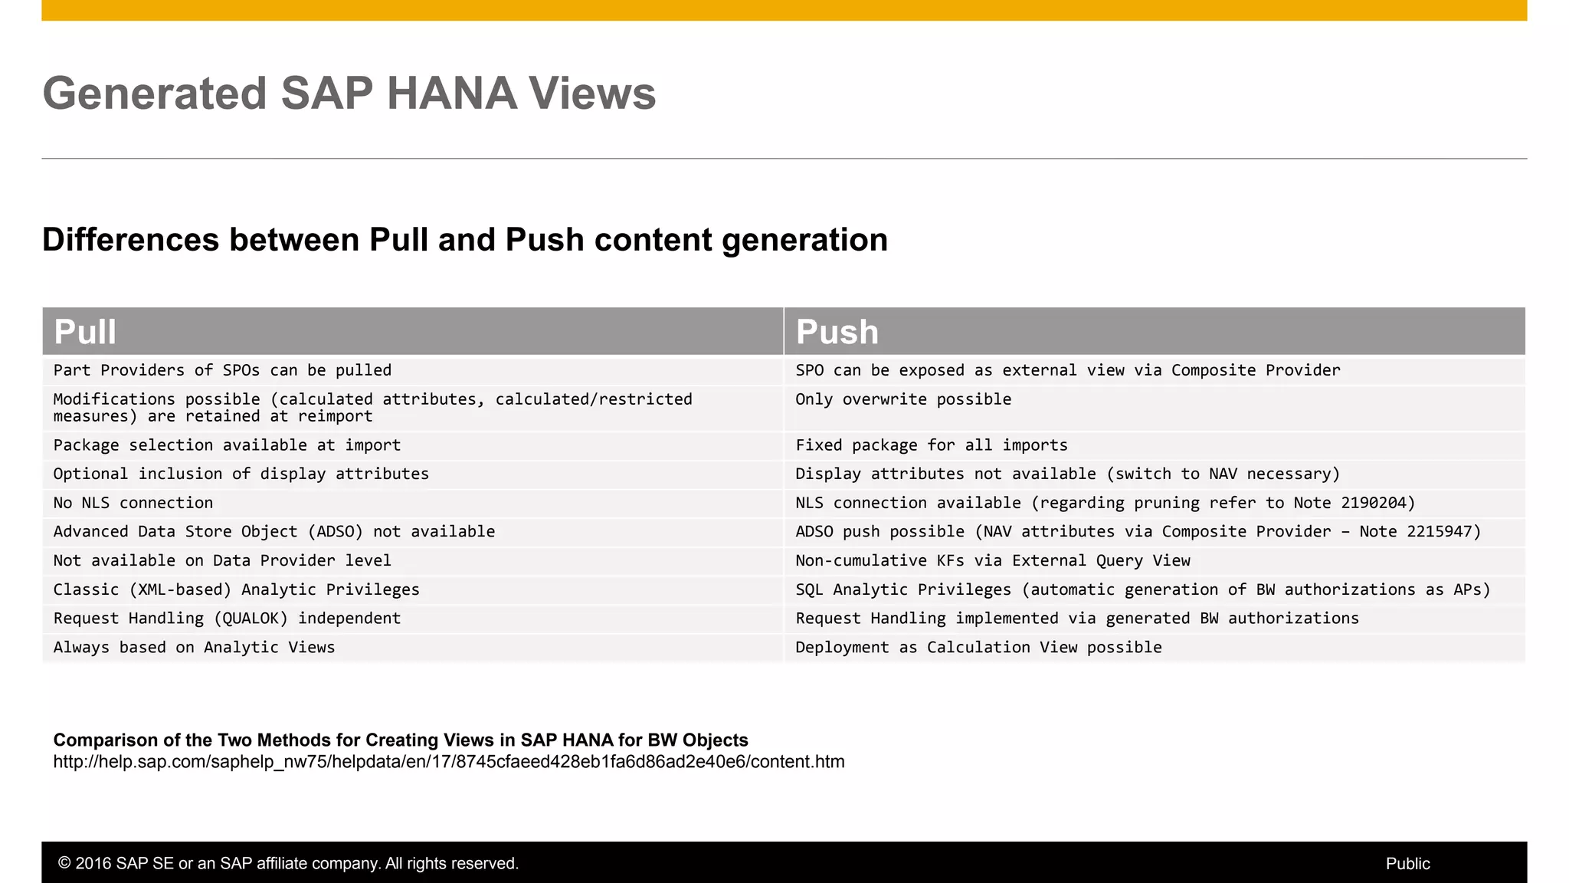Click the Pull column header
(85, 332)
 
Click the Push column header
(837, 332)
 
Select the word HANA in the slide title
(451, 94)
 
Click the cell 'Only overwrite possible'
(902, 399)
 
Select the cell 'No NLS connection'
(133, 503)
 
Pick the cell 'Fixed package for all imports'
(931, 445)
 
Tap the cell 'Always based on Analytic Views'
(194, 648)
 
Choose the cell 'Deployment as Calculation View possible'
(978, 648)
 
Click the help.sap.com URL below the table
(448, 762)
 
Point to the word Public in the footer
(1407, 864)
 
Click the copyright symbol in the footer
(64, 864)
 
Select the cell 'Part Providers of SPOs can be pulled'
(222, 370)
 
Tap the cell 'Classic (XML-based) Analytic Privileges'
(236, 589)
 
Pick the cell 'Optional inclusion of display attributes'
(241, 474)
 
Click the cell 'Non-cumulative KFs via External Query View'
(992, 561)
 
